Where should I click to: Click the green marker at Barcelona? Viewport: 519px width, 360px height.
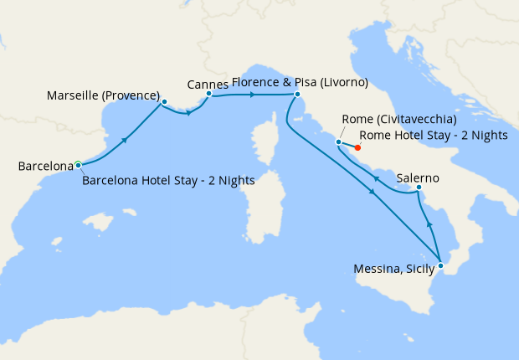pos(78,164)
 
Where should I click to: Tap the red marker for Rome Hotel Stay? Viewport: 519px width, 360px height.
pos(358,150)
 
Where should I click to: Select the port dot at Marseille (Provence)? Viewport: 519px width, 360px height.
pos(164,102)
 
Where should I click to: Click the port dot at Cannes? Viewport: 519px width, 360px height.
pos(208,94)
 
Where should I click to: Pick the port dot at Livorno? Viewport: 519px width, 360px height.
pos(296,95)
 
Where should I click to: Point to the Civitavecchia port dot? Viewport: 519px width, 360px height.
pos(338,141)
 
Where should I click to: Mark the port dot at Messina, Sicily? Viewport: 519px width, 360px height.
pos(441,265)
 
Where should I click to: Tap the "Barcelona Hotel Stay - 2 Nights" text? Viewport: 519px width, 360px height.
pos(168,179)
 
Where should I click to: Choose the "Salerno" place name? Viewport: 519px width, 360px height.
pos(419,178)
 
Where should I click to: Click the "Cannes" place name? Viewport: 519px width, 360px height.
pos(209,84)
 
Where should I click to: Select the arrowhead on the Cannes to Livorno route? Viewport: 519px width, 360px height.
pos(252,95)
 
